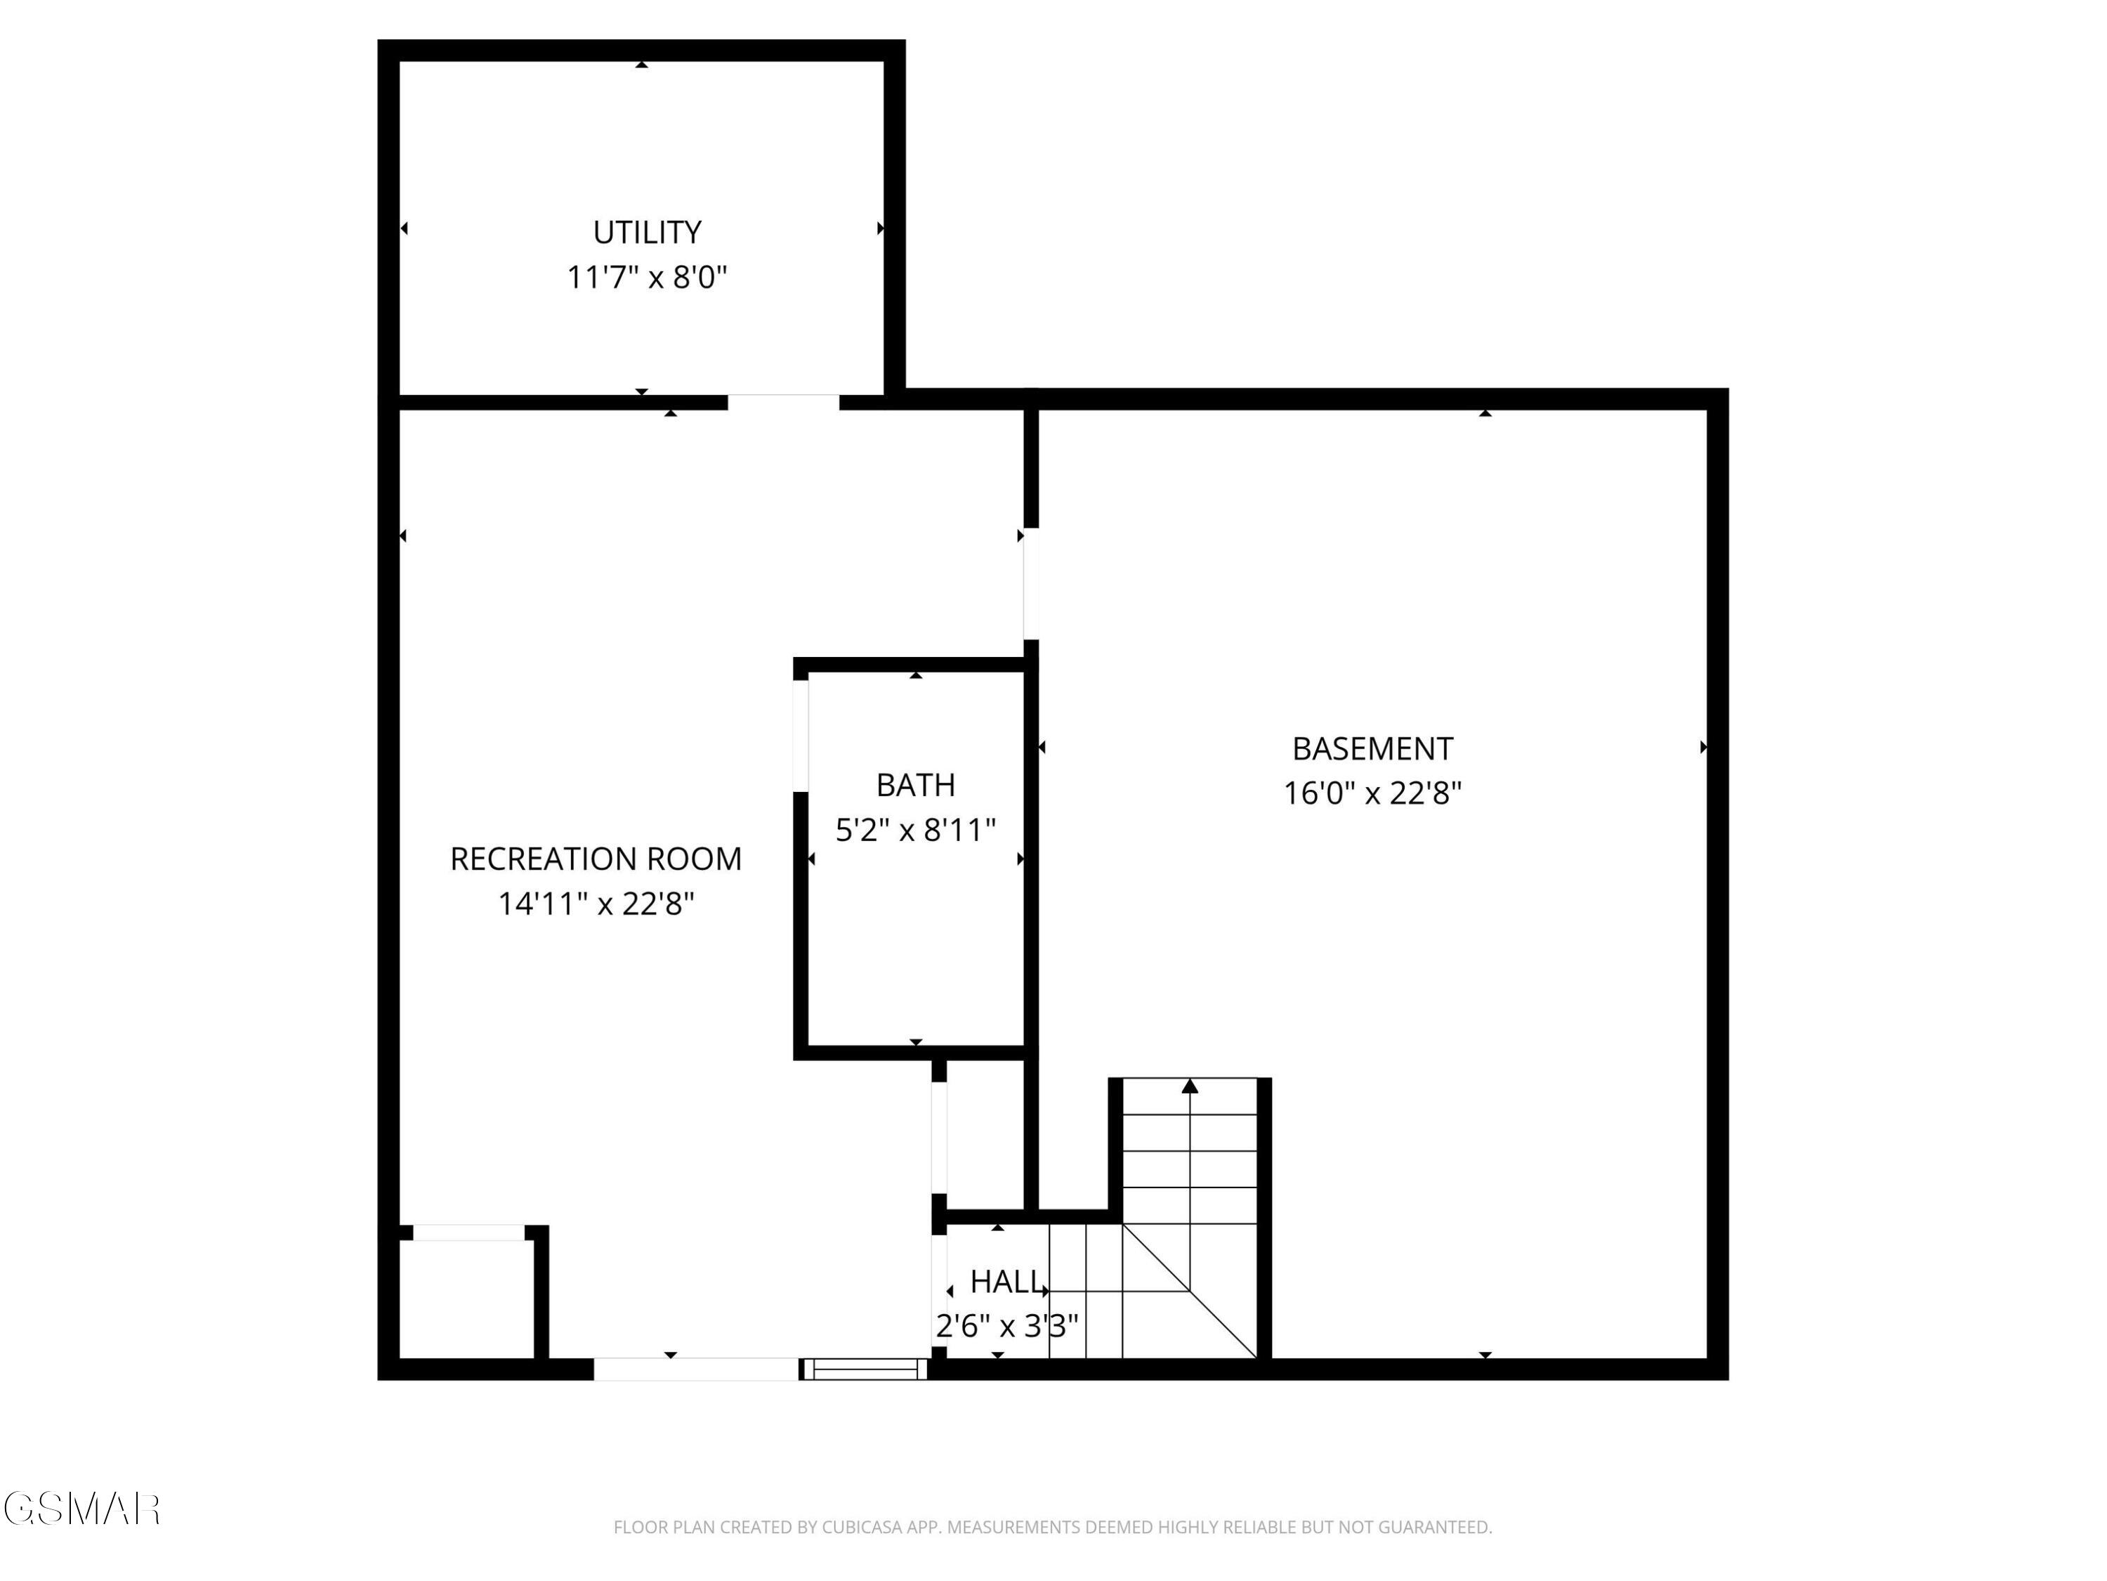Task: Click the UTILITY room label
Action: click(647, 233)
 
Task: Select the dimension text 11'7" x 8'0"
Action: click(647, 278)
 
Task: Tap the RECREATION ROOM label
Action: click(596, 859)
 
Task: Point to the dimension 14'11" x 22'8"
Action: click(596, 904)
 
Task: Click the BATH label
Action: click(915, 786)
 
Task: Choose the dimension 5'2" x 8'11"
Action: click(915, 830)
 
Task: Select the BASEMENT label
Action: click(1372, 749)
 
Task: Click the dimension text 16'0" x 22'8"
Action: click(1372, 793)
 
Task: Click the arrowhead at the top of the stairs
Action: click(1190, 1086)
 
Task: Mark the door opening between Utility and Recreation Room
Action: click(783, 402)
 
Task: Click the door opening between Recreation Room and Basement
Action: click(1030, 583)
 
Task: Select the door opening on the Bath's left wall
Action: click(801, 735)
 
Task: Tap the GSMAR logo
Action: click(81, 1509)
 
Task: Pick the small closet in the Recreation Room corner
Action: click(465, 1298)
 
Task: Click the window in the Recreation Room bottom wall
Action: click(865, 1369)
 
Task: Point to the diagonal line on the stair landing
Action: click(1190, 1292)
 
